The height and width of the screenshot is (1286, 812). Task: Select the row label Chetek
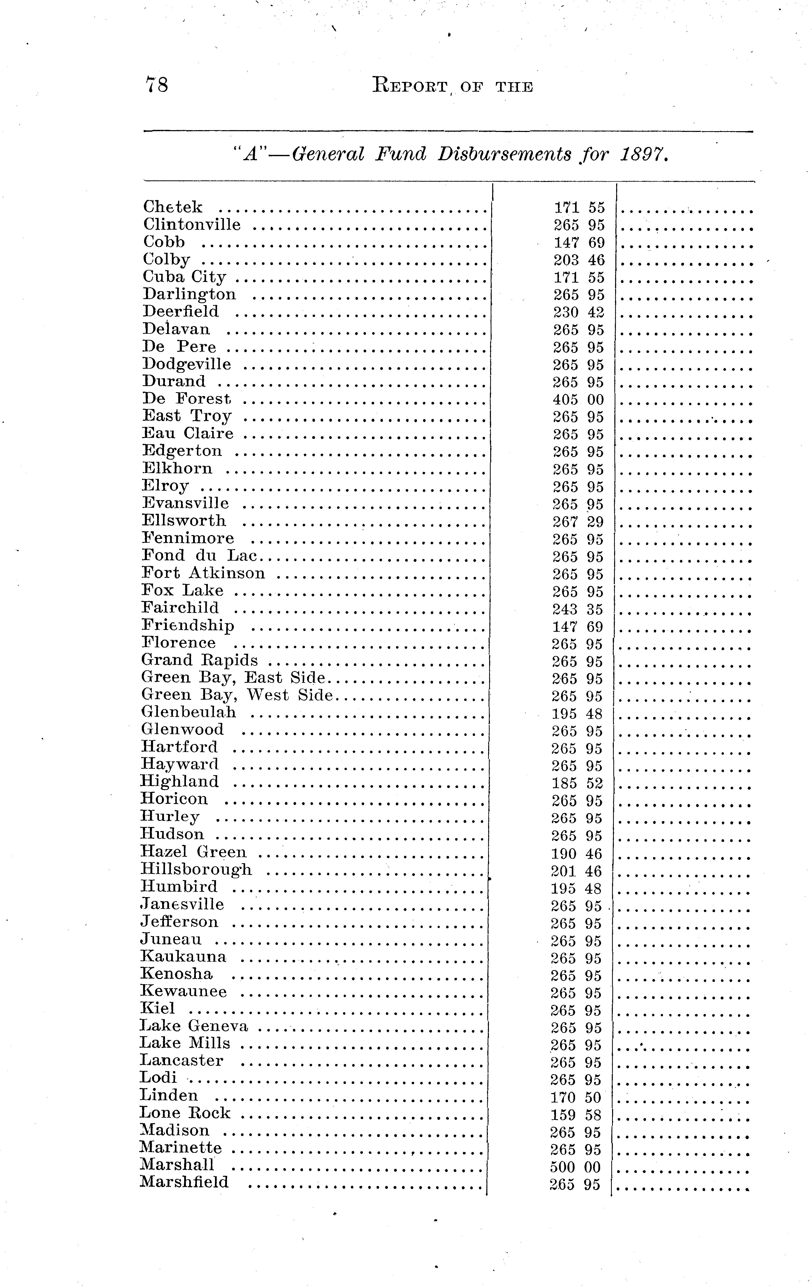(x=173, y=207)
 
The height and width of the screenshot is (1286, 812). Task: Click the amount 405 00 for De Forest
(x=578, y=400)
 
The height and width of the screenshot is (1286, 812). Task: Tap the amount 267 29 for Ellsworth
(x=578, y=522)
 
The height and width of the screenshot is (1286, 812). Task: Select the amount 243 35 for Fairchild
(x=578, y=609)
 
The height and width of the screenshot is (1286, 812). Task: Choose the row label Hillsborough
(x=196, y=869)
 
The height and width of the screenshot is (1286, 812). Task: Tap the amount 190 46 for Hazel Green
(x=577, y=854)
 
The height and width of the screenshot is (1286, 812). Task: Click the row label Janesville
(x=182, y=904)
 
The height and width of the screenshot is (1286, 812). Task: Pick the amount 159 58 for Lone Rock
(x=576, y=1115)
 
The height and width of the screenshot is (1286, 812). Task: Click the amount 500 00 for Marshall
(x=576, y=1167)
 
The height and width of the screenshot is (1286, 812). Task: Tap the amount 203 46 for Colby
(x=579, y=260)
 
